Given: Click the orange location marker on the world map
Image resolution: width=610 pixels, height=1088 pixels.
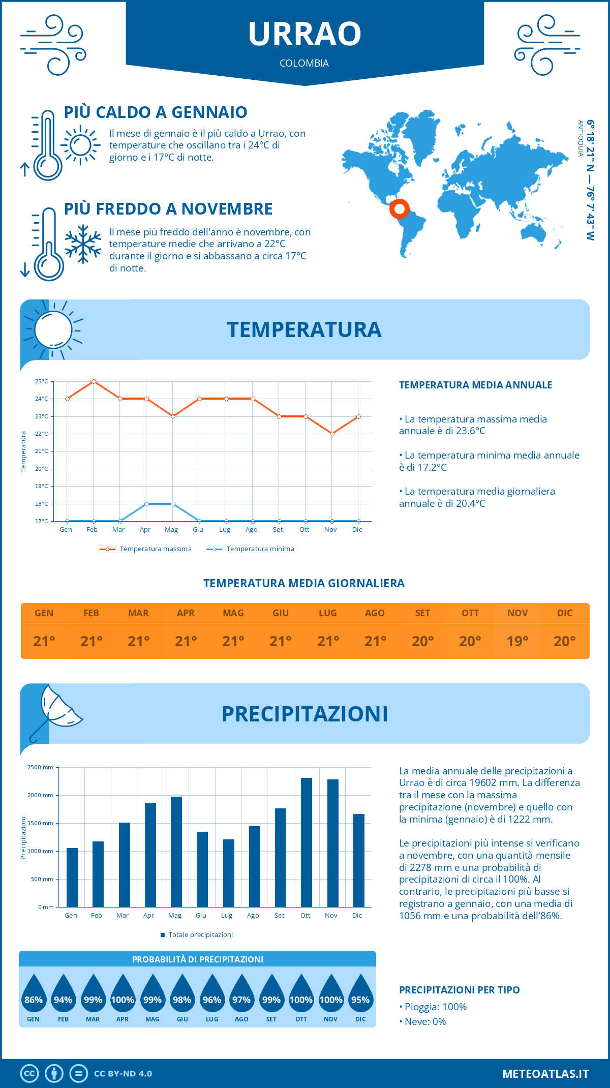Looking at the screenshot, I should point(400,208).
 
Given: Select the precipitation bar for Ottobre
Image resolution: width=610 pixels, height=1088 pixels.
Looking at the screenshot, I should point(306,842).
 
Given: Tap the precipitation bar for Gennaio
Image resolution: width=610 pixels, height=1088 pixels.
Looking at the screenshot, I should point(72,877).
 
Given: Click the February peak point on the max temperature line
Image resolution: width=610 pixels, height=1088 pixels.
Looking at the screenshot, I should point(94,381).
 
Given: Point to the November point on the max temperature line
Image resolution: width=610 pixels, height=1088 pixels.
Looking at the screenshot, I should point(332,434).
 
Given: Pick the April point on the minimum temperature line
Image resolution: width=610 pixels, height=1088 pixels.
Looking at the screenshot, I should point(146,504).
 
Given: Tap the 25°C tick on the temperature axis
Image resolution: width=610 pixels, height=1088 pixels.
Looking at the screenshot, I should point(42,381).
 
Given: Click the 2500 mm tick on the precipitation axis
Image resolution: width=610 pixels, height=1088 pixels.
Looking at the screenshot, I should point(41,767).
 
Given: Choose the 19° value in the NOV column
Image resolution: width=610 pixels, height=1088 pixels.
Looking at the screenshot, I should point(517,641).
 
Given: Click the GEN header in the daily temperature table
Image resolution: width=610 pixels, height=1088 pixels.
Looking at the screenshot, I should point(44,613).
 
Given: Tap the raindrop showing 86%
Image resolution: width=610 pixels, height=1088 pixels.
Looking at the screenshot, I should point(34,996).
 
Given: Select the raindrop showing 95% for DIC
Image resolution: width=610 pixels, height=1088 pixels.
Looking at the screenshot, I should point(360,996).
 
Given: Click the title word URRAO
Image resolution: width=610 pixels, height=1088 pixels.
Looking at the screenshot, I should point(304,34).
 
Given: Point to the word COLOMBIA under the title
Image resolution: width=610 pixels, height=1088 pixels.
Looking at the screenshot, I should point(304,63).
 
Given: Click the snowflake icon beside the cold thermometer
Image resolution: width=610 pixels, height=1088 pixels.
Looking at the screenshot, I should point(83,244).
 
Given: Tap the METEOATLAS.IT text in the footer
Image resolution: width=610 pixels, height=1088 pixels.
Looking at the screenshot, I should point(545,1074).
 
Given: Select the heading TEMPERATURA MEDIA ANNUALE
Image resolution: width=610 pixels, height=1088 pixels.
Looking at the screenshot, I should point(475,385).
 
